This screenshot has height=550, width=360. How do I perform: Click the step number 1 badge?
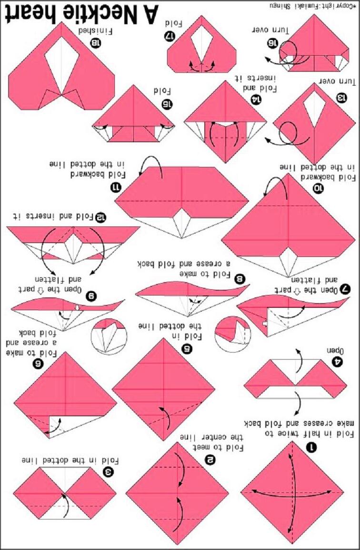coord(311,447)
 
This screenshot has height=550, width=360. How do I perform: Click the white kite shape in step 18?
coord(61,66)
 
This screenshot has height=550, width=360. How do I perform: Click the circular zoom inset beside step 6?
coord(109,337)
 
